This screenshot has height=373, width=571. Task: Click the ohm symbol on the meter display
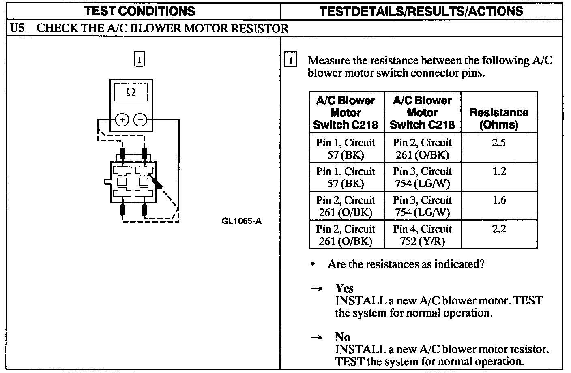[131, 92]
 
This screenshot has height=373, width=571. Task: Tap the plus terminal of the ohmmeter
[122, 120]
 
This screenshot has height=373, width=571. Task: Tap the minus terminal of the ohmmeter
[140, 120]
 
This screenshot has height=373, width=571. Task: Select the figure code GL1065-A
[242, 221]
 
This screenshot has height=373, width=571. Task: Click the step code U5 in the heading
[18, 28]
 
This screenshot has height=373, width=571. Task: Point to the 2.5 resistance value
[499, 143]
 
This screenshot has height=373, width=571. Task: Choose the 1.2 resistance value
[499, 171]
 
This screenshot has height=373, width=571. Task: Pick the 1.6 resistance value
[499, 200]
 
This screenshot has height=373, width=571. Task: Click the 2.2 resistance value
[499, 229]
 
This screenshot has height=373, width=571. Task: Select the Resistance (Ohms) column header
[499, 118]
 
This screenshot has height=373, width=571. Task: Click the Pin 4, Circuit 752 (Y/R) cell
[422, 235]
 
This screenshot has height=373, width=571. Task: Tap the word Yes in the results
[344, 288]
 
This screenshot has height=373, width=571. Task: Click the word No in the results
[343, 337]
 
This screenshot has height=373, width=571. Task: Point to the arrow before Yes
[316, 289]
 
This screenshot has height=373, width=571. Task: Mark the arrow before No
[316, 337]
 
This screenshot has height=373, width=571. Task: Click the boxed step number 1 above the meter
[139, 60]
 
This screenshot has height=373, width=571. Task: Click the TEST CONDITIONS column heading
[140, 11]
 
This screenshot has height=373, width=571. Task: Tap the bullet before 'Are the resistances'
[313, 264]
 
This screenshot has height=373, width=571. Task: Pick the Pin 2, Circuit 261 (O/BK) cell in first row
[422, 149]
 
